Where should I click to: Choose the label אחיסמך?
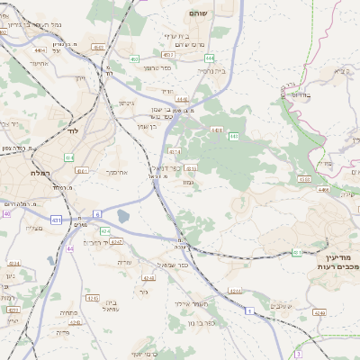coord(118,170)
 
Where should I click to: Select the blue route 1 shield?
coord(247,310)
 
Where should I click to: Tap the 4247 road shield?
coord(117,242)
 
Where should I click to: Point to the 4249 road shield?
coord(319,312)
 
